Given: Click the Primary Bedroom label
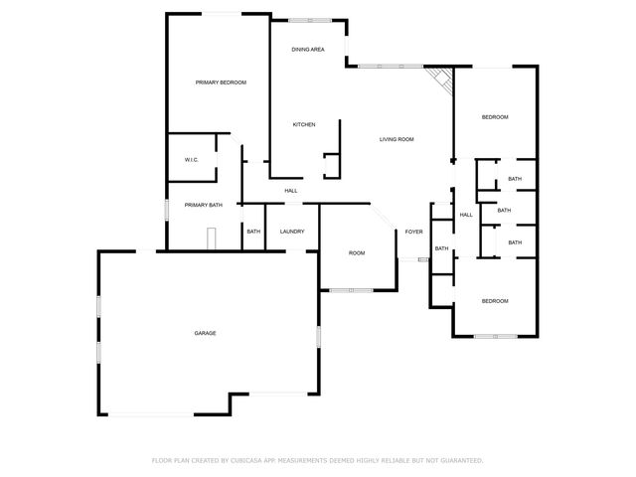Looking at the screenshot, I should click(221, 82).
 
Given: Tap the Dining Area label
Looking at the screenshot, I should click(308, 49).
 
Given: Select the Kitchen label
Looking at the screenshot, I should click(304, 124).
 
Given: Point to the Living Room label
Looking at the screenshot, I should click(397, 139).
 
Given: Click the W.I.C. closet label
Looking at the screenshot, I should click(192, 160).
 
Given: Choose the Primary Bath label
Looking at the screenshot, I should click(204, 205).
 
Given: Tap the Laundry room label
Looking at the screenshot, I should click(292, 232).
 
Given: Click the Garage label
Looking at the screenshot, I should click(206, 333).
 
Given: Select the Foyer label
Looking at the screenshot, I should click(413, 232).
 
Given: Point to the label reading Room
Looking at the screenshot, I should click(357, 253).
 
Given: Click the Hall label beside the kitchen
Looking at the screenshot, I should click(291, 191).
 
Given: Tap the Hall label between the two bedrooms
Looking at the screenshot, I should click(465, 215).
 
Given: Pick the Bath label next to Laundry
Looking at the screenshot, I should click(253, 232).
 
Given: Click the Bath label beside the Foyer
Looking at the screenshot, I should click(441, 248).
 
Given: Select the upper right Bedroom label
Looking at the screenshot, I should click(495, 117).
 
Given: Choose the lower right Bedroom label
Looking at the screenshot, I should click(495, 301).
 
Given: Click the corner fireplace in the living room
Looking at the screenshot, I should click(439, 79).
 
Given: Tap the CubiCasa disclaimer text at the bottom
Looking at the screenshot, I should click(317, 460).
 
